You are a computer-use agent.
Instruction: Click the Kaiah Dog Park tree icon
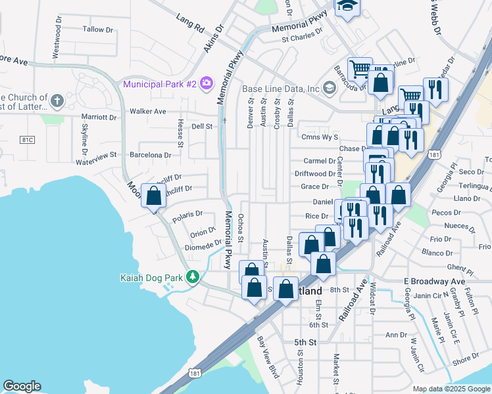pyautogui.click(x=192, y=277)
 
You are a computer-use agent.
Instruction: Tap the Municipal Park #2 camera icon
pyautogui.click(x=207, y=83)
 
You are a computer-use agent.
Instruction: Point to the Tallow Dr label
pyautogui.click(x=99, y=30)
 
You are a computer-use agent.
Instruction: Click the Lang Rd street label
pyautogui.click(x=191, y=23)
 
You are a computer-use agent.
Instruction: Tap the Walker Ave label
pyautogui.click(x=148, y=112)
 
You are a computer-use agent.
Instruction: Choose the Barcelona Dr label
pyautogui.click(x=150, y=155)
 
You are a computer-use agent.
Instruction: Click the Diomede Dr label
pyautogui.click(x=204, y=244)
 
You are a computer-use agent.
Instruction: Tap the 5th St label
pyautogui.click(x=305, y=342)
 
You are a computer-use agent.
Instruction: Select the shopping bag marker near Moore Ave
pyautogui.click(x=154, y=196)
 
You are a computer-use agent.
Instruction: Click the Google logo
pyautogui.click(x=22, y=386)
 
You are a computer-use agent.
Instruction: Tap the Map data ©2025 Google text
pyautogui.click(x=451, y=389)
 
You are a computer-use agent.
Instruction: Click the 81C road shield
pyautogui.click(x=27, y=140)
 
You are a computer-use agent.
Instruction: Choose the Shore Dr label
pyautogui.click(x=466, y=358)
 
